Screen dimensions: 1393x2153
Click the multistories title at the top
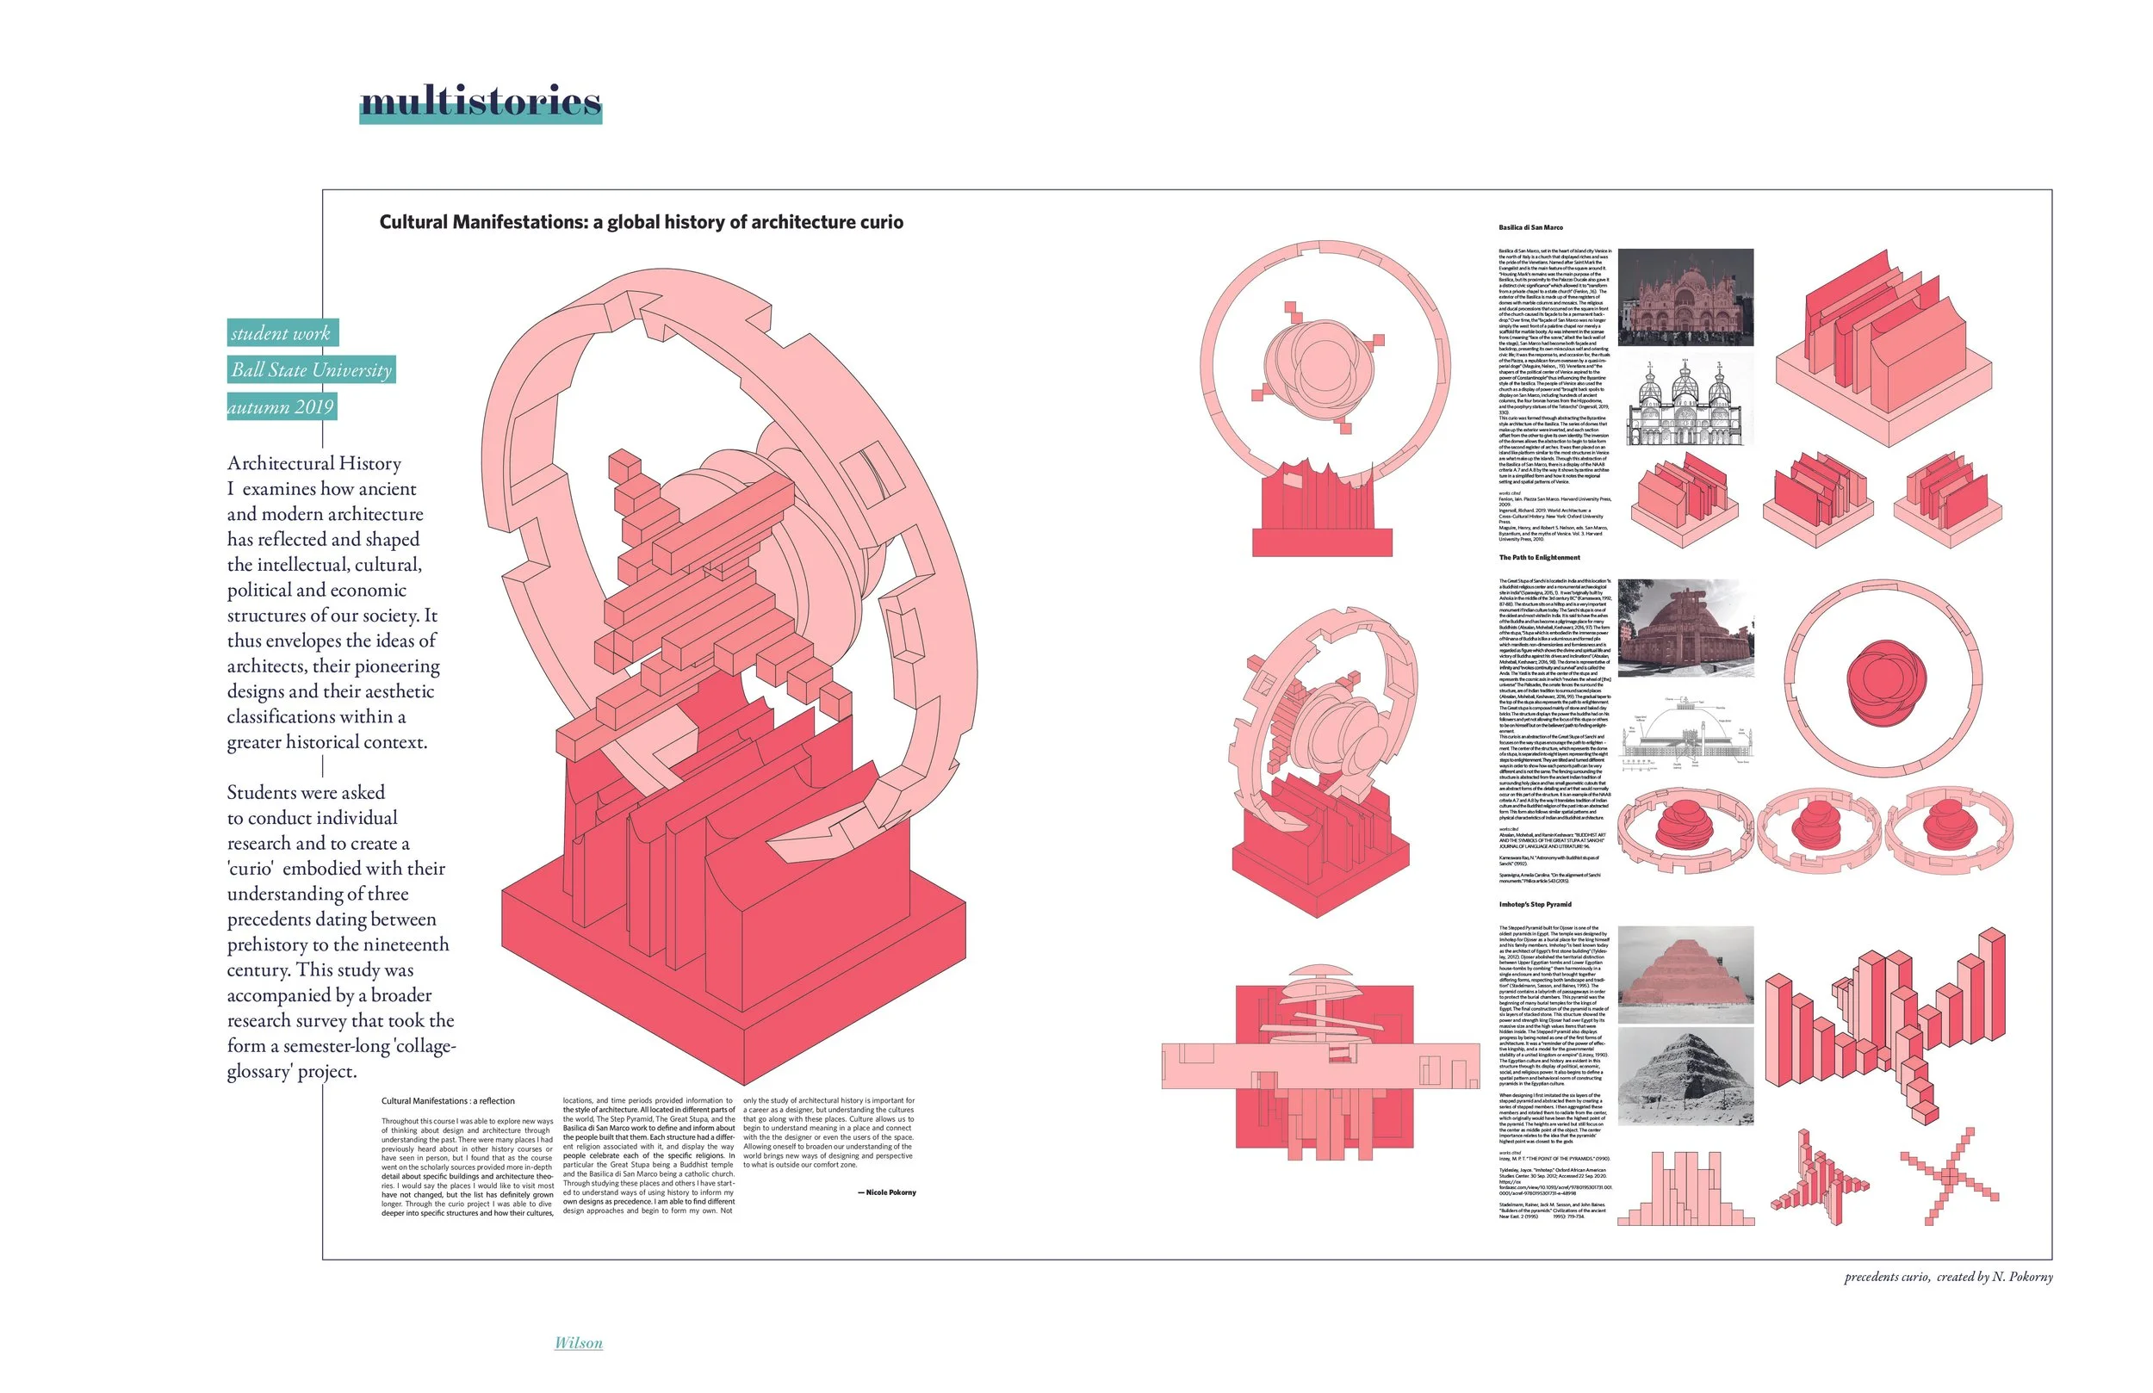(x=481, y=102)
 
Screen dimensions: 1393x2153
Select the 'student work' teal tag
(x=282, y=333)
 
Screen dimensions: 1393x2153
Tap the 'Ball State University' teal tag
(x=311, y=370)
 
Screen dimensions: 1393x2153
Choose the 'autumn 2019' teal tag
(x=282, y=407)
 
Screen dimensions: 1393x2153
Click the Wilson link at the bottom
(x=578, y=1343)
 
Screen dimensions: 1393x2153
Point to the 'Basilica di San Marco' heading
(x=1530, y=228)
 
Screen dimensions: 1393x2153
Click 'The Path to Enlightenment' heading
(x=1539, y=558)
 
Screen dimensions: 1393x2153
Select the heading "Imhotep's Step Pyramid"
(x=1536, y=905)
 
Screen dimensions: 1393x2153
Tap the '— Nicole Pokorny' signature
(x=886, y=1193)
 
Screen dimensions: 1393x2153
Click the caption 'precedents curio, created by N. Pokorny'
(x=1949, y=1278)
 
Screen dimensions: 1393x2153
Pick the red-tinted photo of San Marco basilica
(x=1685, y=297)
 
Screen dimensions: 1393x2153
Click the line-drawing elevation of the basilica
(x=1685, y=403)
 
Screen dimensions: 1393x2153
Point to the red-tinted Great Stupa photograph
(x=1685, y=628)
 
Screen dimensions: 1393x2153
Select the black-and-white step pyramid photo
(x=1685, y=1077)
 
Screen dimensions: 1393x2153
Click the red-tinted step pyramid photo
(x=1685, y=975)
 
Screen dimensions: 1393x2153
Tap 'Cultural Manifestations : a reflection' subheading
(x=448, y=1102)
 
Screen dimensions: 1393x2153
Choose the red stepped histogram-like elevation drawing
(x=1685, y=1188)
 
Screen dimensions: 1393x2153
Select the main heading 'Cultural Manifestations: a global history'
(x=641, y=222)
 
